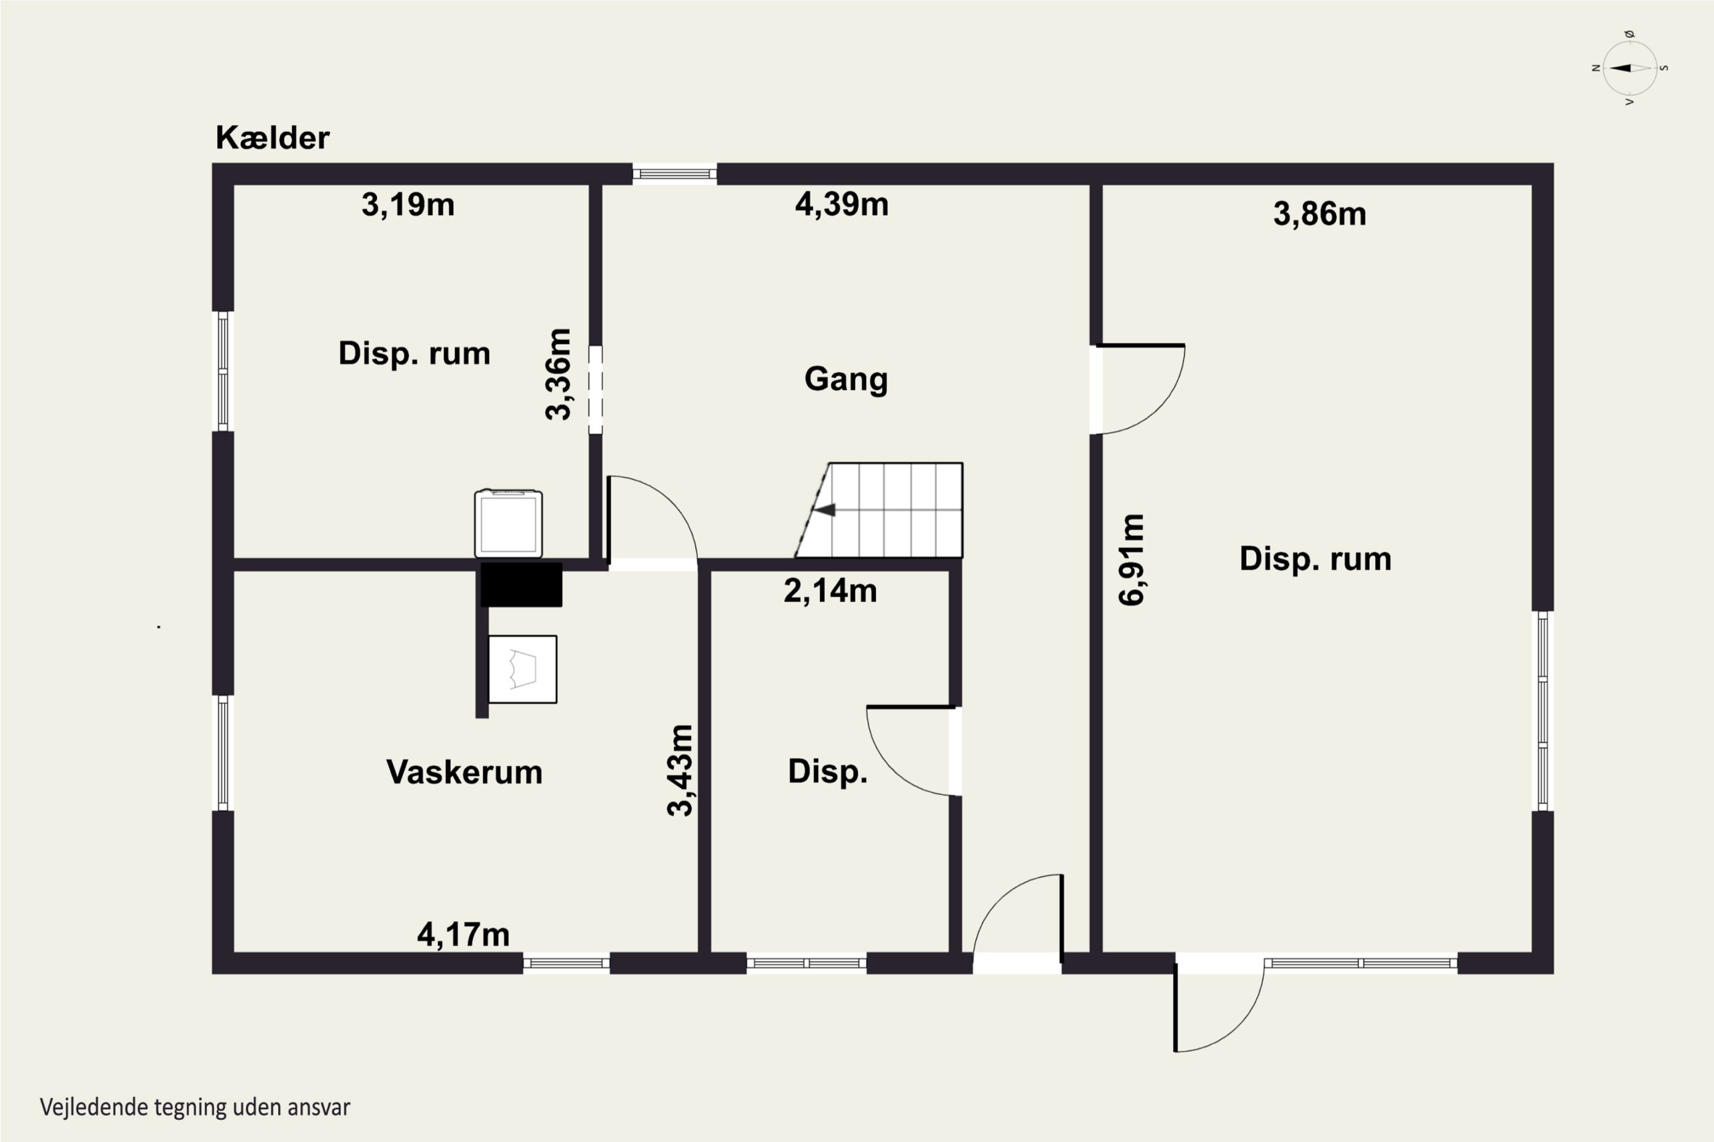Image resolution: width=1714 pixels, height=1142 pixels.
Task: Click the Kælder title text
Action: pyautogui.click(x=273, y=138)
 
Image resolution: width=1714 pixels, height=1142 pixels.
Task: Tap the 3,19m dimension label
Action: pyautogui.click(x=408, y=204)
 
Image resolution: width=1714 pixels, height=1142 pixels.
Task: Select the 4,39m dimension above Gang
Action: pyautogui.click(x=842, y=204)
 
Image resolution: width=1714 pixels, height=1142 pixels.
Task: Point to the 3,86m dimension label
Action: pyautogui.click(x=1320, y=214)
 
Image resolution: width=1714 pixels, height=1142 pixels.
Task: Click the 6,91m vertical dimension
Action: pyautogui.click(x=1132, y=560)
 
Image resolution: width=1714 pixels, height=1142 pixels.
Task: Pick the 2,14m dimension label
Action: pyautogui.click(x=830, y=590)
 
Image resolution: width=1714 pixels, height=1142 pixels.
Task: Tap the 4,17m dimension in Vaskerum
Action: pyautogui.click(x=463, y=934)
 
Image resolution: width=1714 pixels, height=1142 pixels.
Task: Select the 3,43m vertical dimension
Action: pyautogui.click(x=680, y=770)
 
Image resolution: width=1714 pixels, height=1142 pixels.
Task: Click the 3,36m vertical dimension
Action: pyautogui.click(x=558, y=375)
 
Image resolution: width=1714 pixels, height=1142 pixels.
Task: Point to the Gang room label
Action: pyautogui.click(x=846, y=380)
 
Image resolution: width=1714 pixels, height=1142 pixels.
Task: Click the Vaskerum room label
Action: pyautogui.click(x=464, y=772)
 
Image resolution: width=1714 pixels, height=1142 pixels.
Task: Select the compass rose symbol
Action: pyautogui.click(x=1630, y=68)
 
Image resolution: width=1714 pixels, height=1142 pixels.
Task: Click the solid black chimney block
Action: pyautogui.click(x=521, y=584)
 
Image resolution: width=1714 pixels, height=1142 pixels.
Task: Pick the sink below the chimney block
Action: pyautogui.click(x=523, y=669)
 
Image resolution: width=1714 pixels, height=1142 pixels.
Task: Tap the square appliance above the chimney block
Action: pyautogui.click(x=508, y=524)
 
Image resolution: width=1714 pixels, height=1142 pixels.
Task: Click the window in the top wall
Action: pyautogui.click(x=675, y=174)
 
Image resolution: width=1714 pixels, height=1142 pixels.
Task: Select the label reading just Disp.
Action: pyautogui.click(x=828, y=772)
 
